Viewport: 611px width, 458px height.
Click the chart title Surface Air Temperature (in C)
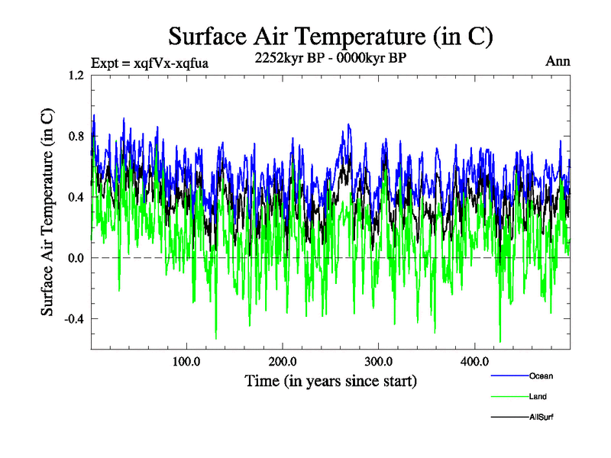330,37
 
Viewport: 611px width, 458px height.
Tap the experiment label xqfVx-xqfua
150,63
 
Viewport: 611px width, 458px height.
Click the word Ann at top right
558,62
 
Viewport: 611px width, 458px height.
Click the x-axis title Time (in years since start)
330,380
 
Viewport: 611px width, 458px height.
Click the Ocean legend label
541,376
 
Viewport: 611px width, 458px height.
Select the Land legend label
538,396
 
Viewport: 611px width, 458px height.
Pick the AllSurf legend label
541,417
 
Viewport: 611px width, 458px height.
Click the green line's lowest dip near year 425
500,342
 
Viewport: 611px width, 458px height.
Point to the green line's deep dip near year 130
216,338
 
